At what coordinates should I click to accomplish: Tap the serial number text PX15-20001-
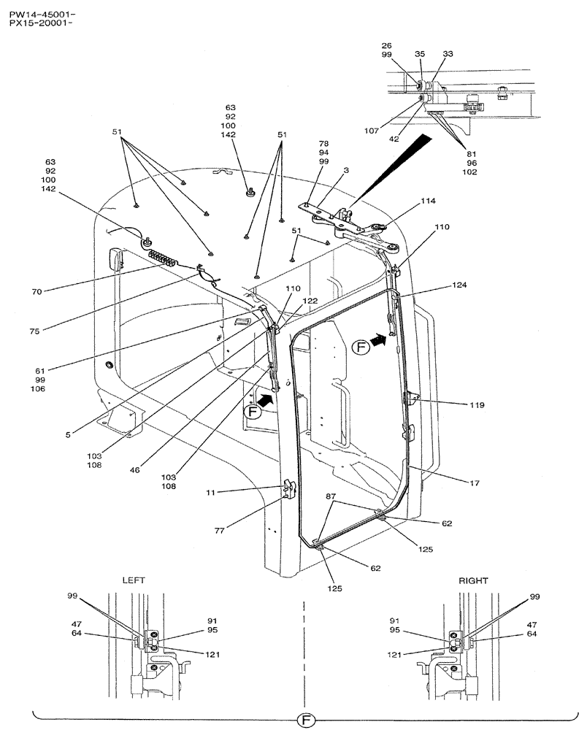click(42, 23)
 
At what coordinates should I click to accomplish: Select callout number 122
click(310, 300)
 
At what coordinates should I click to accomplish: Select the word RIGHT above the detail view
click(473, 580)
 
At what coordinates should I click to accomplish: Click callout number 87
click(331, 496)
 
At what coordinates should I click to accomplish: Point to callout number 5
click(67, 435)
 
